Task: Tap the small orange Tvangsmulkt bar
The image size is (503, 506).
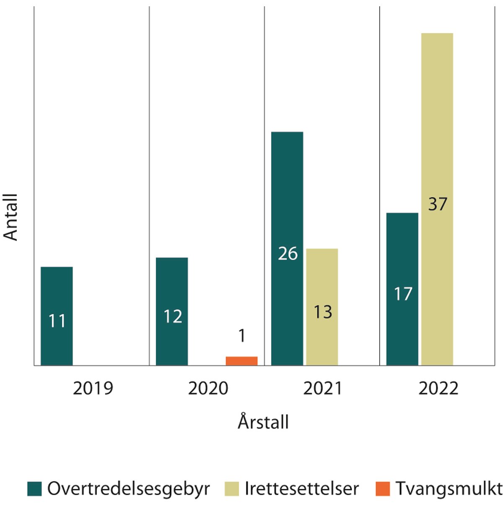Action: pyautogui.click(x=241, y=361)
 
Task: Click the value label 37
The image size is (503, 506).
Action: pyautogui.click(x=438, y=204)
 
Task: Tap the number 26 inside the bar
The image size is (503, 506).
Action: pyautogui.click(x=288, y=254)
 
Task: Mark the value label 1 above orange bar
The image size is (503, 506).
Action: pyautogui.click(x=242, y=336)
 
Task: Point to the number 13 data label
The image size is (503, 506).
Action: pyautogui.click(x=323, y=312)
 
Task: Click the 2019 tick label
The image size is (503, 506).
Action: pyautogui.click(x=93, y=388)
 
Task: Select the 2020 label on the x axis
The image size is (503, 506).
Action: pyautogui.click(x=208, y=388)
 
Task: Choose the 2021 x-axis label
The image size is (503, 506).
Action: pyautogui.click(x=323, y=388)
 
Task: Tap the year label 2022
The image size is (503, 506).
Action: pyautogui.click(x=438, y=388)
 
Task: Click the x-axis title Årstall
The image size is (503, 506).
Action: pyautogui.click(x=263, y=421)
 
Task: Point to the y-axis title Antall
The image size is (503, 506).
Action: pyautogui.click(x=11, y=217)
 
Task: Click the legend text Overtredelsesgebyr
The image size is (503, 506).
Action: pyautogui.click(x=128, y=488)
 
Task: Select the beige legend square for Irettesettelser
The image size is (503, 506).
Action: pyautogui.click(x=231, y=489)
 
